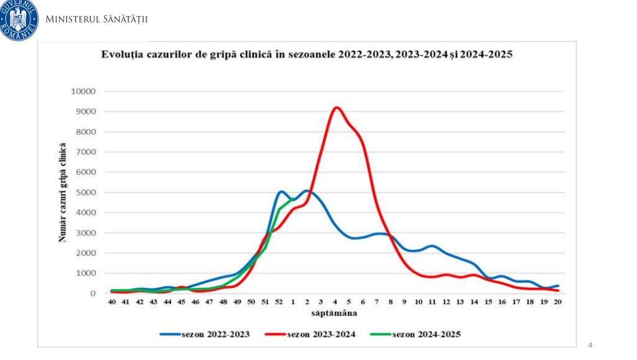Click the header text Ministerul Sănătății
pos(97,19)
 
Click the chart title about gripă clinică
pos(306,54)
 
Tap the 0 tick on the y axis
pos(93,294)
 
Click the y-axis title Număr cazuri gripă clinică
pos(63,192)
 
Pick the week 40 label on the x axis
pos(112,302)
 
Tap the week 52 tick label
pos(279,302)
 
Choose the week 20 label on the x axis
pos(558,302)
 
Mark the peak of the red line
pos(336,107)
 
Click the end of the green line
pos(293,199)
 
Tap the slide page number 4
pos(590,345)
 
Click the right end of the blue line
pos(558,286)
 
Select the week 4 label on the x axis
pos(335,302)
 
